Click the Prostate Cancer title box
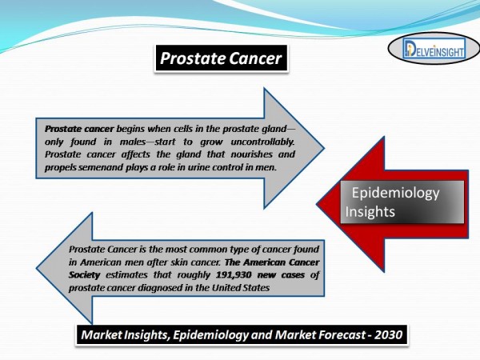point(221,58)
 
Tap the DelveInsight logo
point(434,49)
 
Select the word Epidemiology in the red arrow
point(395,193)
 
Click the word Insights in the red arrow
point(370,211)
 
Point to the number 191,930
point(234,274)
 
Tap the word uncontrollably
point(262,142)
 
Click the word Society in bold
point(84,275)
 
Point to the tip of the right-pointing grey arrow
point(324,148)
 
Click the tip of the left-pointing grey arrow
point(37,269)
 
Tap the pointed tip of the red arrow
point(317,204)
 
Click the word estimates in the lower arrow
point(126,275)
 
